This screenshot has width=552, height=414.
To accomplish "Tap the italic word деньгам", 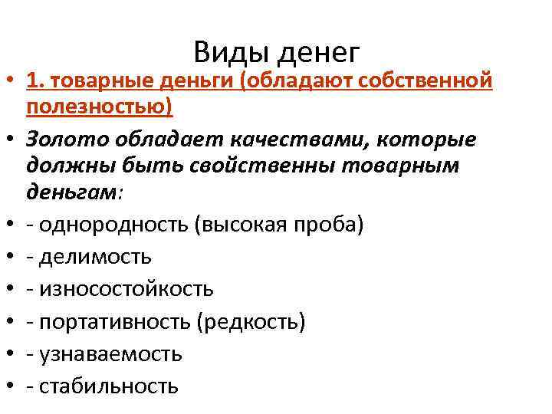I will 72,193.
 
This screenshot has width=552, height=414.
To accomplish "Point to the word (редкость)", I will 252,321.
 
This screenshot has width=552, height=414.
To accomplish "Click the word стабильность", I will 107,386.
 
